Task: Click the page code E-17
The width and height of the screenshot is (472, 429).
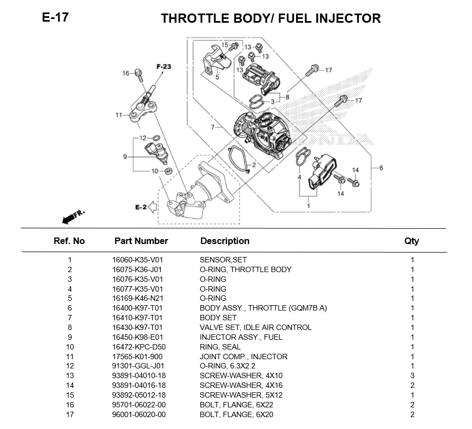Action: pyautogui.click(x=55, y=17)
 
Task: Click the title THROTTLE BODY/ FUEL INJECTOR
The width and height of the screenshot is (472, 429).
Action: pyautogui.click(x=271, y=18)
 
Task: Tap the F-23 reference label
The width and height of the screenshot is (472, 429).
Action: pyautogui.click(x=163, y=67)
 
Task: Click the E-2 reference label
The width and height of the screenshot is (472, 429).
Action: pyautogui.click(x=141, y=207)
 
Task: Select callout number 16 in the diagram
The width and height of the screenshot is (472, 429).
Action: pyautogui.click(x=126, y=73)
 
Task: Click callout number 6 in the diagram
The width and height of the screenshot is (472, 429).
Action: pyautogui.click(x=381, y=168)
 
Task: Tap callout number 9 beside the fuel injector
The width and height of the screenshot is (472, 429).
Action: pyautogui.click(x=124, y=157)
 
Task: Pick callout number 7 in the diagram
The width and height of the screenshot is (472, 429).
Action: pyautogui.click(x=213, y=128)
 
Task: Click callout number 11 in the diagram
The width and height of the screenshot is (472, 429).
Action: pyautogui.click(x=119, y=115)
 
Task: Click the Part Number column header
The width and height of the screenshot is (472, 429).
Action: pyautogui.click(x=141, y=241)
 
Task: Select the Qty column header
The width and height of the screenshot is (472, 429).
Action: pyautogui.click(x=411, y=241)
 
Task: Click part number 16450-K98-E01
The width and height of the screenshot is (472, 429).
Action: pyautogui.click(x=137, y=337)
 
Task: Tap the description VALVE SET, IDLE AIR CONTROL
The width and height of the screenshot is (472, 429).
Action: pyautogui.click(x=255, y=327)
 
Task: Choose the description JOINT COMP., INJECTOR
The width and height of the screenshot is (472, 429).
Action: pyautogui.click(x=243, y=357)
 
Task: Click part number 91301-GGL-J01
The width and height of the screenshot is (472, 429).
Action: pyautogui.click(x=137, y=366)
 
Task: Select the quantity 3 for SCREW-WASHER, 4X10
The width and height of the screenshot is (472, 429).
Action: pyautogui.click(x=412, y=376)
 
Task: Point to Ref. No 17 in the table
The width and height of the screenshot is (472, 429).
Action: pyautogui.click(x=69, y=415)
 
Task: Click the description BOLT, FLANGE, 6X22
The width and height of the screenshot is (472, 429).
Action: pyautogui.click(x=233, y=405)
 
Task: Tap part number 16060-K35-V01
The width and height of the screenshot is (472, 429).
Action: pyautogui.click(x=137, y=260)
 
